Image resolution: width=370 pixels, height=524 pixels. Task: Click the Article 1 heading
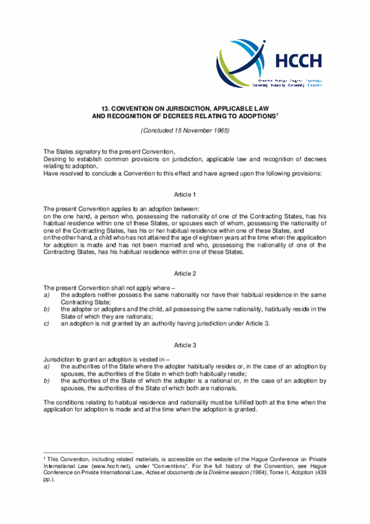185,195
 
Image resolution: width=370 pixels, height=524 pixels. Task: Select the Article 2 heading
185,273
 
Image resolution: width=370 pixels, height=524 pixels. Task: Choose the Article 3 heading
185,345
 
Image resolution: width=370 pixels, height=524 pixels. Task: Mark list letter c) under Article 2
46,323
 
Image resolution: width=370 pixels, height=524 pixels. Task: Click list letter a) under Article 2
46,295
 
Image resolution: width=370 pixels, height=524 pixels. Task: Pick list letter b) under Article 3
46,381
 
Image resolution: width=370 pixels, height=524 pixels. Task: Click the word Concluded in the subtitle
158,130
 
